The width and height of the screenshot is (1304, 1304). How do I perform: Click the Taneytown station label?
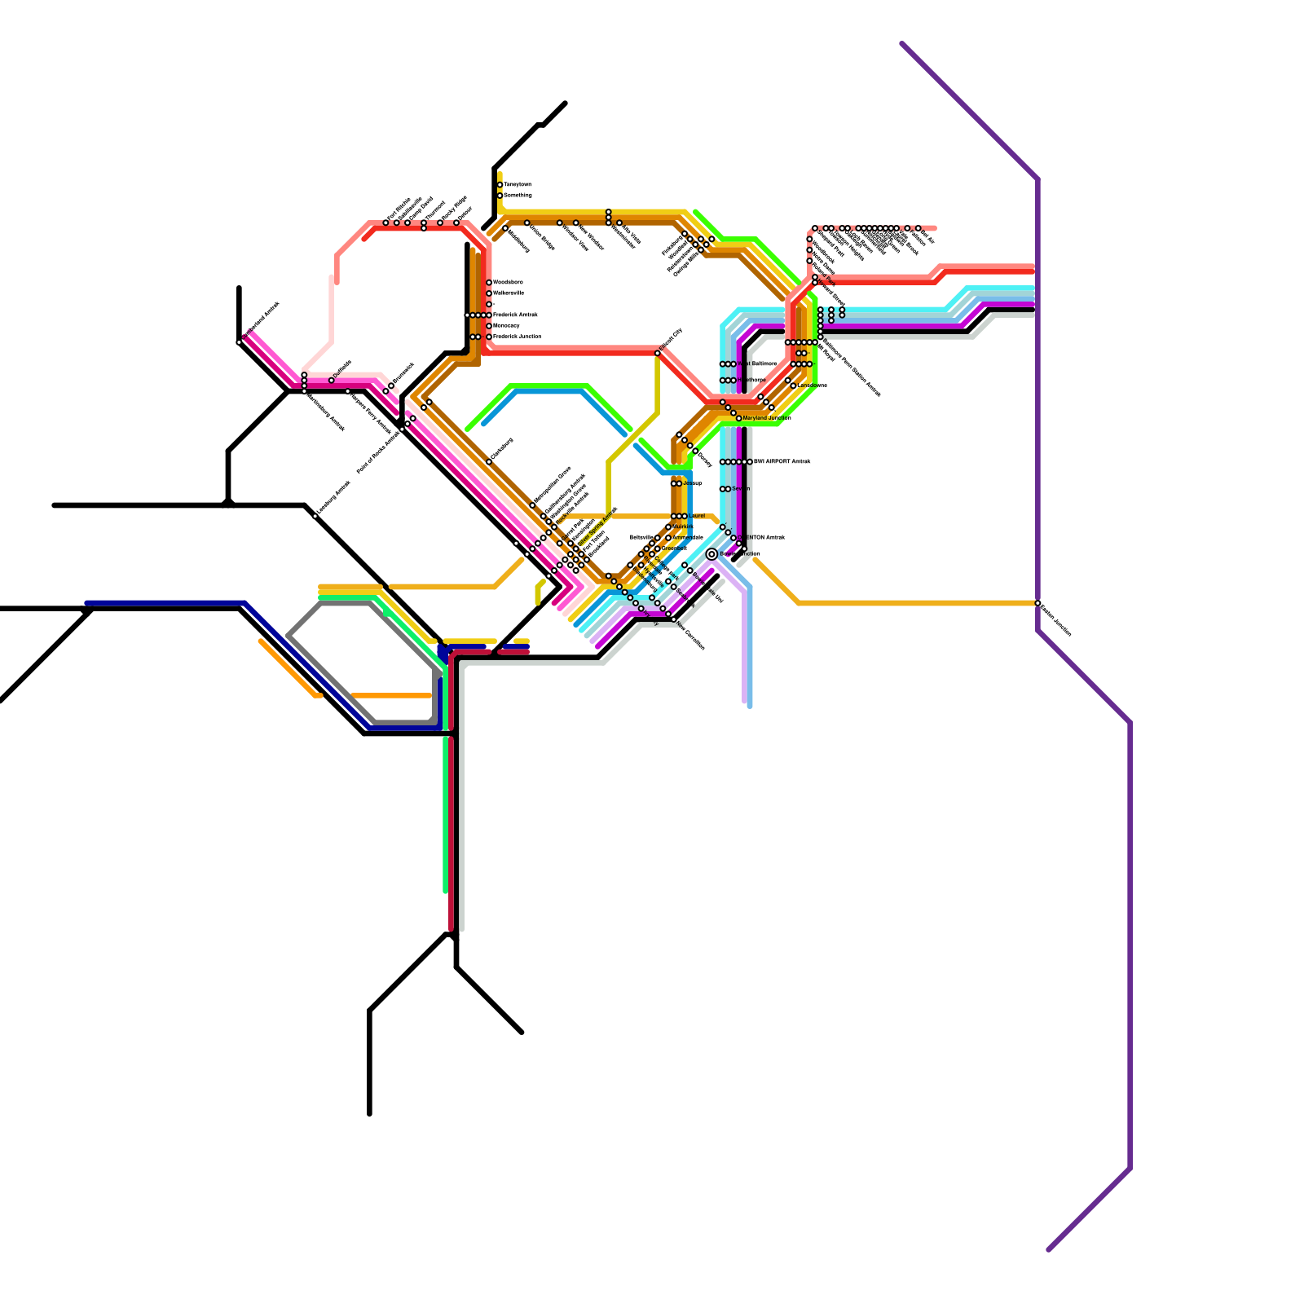click(x=518, y=185)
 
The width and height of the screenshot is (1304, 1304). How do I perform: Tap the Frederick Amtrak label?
click(x=515, y=315)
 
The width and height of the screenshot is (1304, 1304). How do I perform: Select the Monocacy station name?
click(x=506, y=325)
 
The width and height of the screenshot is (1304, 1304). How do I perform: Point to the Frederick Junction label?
click(x=517, y=337)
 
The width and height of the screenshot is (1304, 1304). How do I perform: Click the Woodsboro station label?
click(x=508, y=282)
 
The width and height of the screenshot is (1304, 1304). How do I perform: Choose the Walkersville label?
click(x=509, y=293)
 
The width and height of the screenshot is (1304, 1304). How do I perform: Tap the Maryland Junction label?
click(x=766, y=418)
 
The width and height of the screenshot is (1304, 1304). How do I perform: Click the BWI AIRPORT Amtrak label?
click(x=782, y=462)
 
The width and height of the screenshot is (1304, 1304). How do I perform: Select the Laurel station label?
click(x=697, y=516)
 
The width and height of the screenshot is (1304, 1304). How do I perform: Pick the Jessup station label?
click(x=692, y=483)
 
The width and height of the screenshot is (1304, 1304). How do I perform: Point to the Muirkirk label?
click(x=683, y=526)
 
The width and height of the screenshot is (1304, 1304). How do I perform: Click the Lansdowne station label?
click(x=812, y=385)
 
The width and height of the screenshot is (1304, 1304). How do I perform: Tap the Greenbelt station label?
click(x=674, y=548)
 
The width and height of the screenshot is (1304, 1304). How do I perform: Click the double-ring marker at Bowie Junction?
click(x=711, y=554)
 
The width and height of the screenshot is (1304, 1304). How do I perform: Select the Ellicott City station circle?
click(x=658, y=353)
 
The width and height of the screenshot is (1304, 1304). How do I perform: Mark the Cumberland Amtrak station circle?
click(x=239, y=342)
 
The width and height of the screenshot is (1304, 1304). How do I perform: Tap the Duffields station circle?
click(x=331, y=381)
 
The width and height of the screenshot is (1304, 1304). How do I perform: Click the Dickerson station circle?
click(x=489, y=462)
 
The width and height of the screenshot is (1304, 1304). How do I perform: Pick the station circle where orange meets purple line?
click(x=1037, y=603)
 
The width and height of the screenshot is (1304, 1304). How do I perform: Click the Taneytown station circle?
click(x=500, y=185)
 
